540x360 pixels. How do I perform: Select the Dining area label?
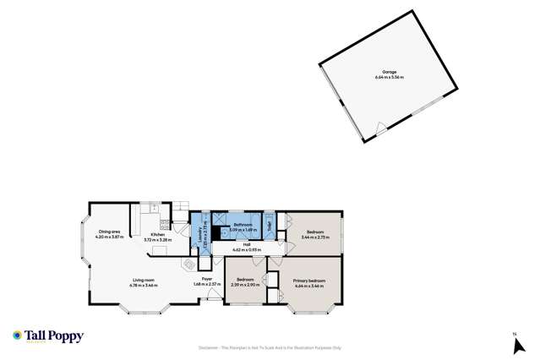pyautogui.click(x=111, y=232)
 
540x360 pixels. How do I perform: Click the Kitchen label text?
pyautogui.click(x=157, y=235)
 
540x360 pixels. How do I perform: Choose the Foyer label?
pyautogui.click(x=206, y=279)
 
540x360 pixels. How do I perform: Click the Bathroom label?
pyautogui.click(x=243, y=224)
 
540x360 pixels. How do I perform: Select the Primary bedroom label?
pyautogui.click(x=309, y=280)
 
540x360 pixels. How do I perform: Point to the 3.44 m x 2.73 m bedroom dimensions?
pyautogui.click(x=316, y=237)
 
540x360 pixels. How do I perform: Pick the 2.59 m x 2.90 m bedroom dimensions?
pyautogui.click(x=246, y=285)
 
